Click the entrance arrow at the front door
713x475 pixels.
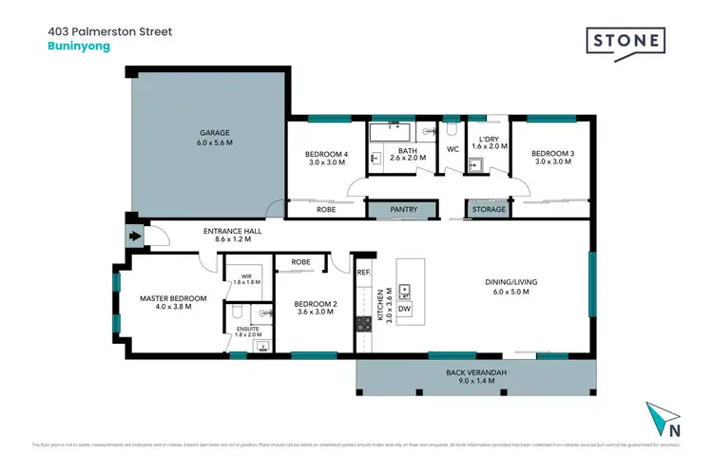click(x=134, y=237)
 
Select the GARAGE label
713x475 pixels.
click(x=215, y=132)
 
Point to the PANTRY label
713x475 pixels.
click(x=391, y=209)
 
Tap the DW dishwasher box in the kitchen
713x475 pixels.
click(x=405, y=308)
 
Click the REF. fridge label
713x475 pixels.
click(x=363, y=273)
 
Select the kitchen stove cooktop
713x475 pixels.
click(x=362, y=324)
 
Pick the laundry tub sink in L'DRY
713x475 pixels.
click(x=474, y=165)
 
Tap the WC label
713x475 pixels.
click(x=453, y=149)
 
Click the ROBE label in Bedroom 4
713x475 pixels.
click(x=326, y=209)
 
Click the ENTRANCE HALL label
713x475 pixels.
click(x=233, y=231)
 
